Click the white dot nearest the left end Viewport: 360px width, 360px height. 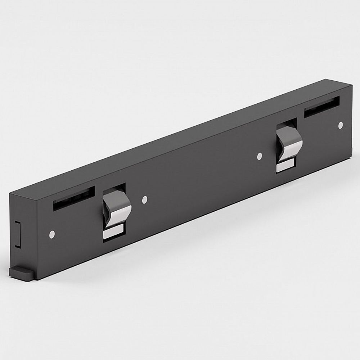[x=52, y=235]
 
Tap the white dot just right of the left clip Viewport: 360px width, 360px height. [x=145, y=199]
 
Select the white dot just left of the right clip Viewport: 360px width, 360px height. [x=259, y=156]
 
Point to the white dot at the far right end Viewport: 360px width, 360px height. [x=340, y=125]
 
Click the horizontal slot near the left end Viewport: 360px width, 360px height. [x=74, y=198]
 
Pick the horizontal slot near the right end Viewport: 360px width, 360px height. [x=321, y=107]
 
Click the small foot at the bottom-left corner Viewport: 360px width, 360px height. [x=22, y=273]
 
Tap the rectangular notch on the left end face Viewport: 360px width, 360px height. [x=17, y=234]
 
